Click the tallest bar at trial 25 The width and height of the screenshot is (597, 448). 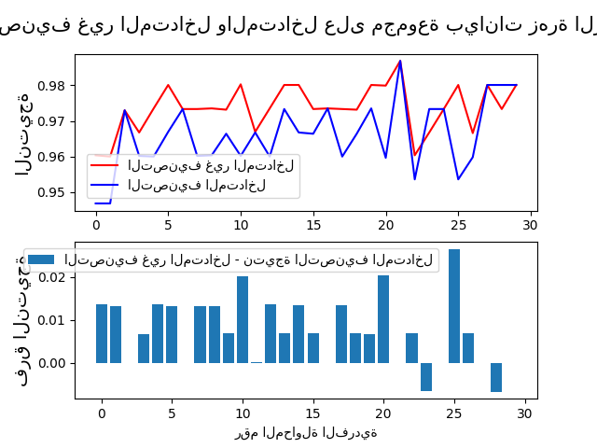454,306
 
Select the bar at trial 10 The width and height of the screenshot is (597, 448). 243,319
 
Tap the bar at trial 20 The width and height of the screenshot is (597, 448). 383,319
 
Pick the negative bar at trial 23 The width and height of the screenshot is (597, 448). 426,376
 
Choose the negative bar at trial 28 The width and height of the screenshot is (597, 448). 496,376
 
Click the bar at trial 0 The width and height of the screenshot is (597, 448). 102,333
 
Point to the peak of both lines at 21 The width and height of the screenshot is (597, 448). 400,62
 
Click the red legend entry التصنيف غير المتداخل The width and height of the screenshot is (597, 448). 211,165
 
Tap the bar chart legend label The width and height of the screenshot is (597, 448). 248,259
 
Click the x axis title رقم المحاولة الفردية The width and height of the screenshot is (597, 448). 306,432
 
